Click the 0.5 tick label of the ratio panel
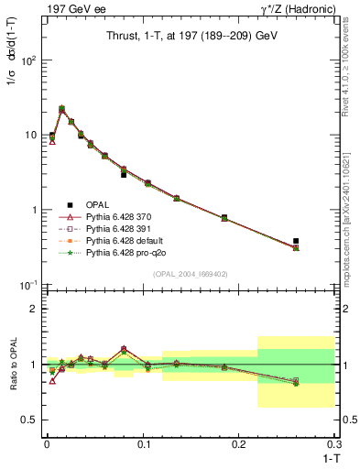click(32, 420)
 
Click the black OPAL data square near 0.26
click(296, 241)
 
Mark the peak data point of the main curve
click(61, 109)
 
